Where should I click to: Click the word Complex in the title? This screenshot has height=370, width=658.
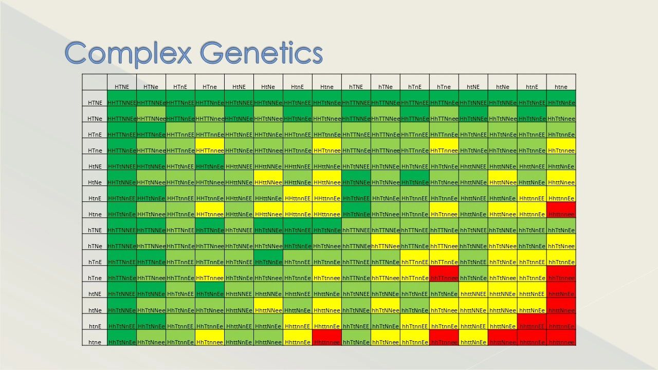pyautogui.click(x=129, y=53)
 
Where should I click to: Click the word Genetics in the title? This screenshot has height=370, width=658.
pyautogui.click(x=261, y=53)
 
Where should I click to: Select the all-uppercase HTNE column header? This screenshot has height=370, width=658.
pyautogui.click(x=122, y=87)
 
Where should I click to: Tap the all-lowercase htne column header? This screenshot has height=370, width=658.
pyautogui.click(x=561, y=87)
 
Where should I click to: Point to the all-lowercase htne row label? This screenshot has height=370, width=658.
pyautogui.click(x=95, y=342)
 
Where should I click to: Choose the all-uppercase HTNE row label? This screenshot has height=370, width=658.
pyautogui.click(x=95, y=103)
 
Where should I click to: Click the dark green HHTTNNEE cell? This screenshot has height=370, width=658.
pyautogui.click(x=122, y=102)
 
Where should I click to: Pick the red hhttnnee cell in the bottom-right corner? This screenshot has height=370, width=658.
pyautogui.click(x=561, y=342)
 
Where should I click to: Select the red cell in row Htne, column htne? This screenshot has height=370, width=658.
pyautogui.click(x=561, y=214)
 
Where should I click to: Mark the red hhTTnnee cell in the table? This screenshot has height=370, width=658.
pyautogui.click(x=444, y=277)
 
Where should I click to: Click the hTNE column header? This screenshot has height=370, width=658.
pyautogui.click(x=356, y=87)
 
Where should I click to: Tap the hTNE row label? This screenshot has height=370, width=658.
pyautogui.click(x=95, y=230)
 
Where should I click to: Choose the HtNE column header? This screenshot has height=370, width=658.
pyautogui.click(x=239, y=87)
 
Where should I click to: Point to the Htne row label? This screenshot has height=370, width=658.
pyautogui.click(x=95, y=214)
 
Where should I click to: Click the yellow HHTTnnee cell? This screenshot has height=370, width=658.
pyautogui.click(x=210, y=150)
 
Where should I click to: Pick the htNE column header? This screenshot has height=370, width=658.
pyautogui.click(x=473, y=87)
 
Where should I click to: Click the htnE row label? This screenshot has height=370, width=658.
pyautogui.click(x=95, y=326)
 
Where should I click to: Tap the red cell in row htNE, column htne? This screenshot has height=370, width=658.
pyautogui.click(x=561, y=294)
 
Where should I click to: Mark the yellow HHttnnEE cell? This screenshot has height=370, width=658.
pyautogui.click(x=297, y=198)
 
